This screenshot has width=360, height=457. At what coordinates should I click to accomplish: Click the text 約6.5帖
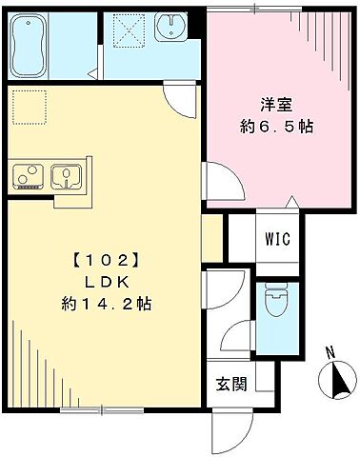(x=275, y=125)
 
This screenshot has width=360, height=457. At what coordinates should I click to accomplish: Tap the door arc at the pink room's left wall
(x=218, y=181)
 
